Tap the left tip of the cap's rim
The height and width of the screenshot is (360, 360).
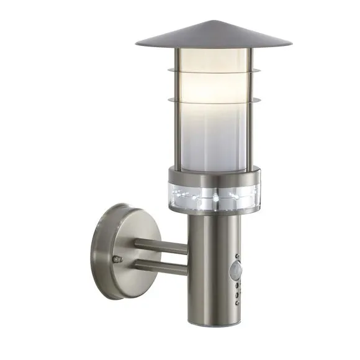[x=137, y=44]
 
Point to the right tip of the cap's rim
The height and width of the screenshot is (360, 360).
[x=290, y=44]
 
